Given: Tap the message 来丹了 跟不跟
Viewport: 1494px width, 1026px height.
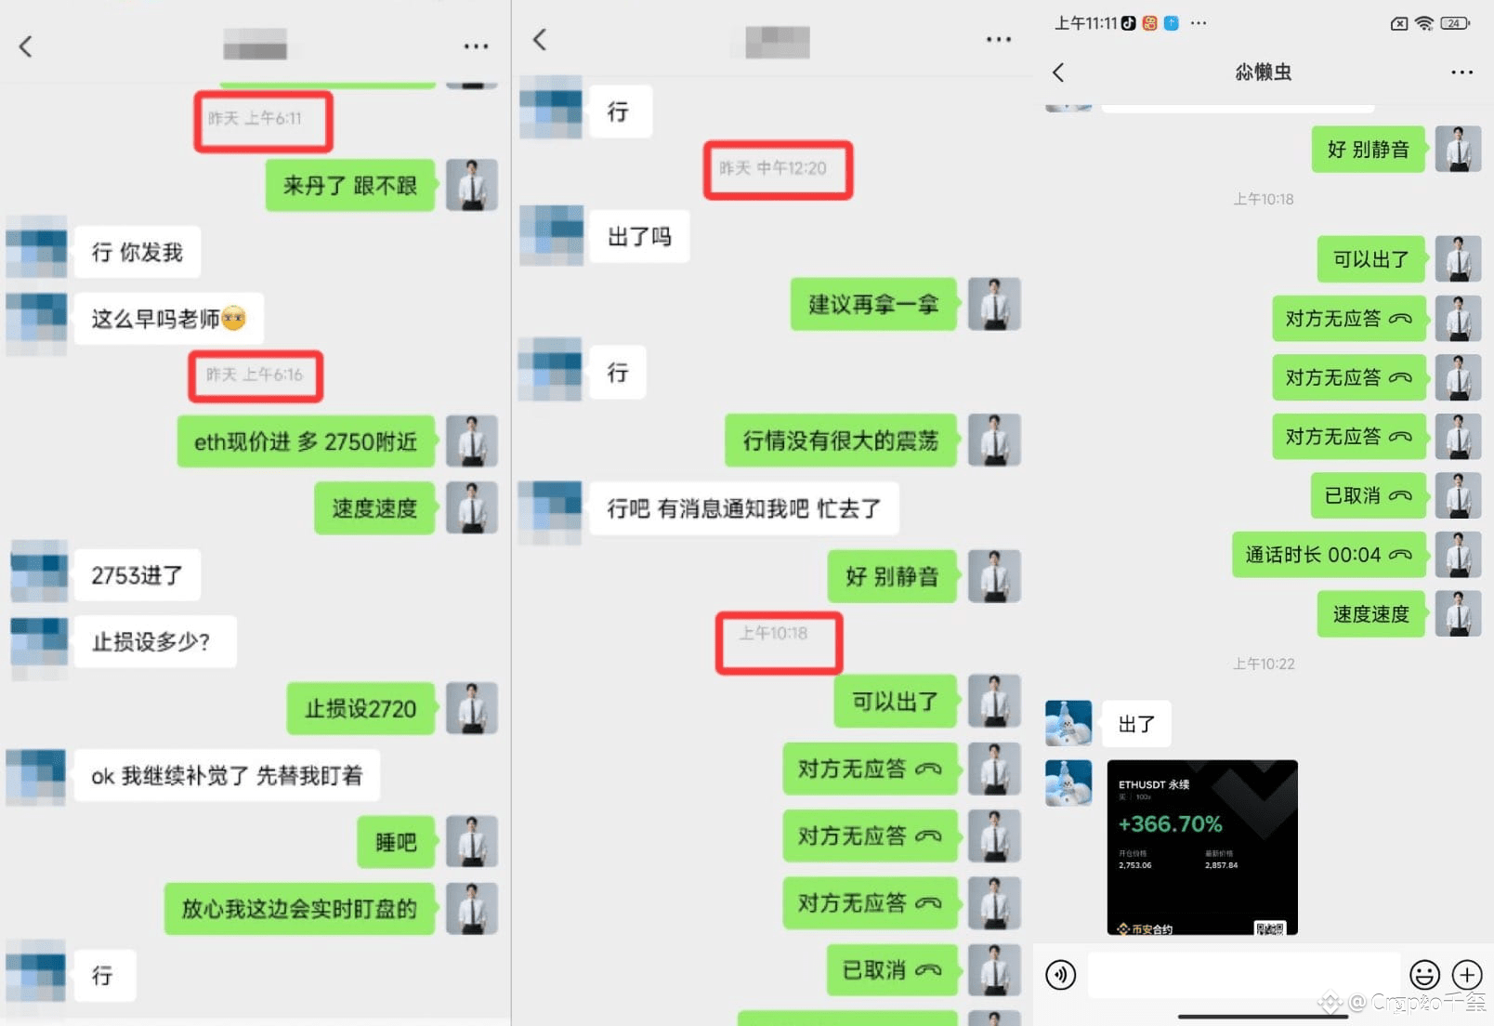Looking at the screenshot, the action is tap(349, 186).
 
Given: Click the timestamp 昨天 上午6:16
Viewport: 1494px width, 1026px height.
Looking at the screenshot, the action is tap(255, 375).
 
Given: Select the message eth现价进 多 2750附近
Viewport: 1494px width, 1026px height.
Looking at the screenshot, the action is tap(305, 441).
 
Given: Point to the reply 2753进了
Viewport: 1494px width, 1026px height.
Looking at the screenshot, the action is tap(137, 575).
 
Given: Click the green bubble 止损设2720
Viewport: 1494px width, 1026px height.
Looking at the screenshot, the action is tap(360, 709).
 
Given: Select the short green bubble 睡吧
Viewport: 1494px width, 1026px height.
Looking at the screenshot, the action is tap(396, 842).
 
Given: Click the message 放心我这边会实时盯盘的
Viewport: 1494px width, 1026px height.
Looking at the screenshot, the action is tap(299, 909).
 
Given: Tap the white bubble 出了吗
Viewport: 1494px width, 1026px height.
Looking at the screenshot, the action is tap(639, 237).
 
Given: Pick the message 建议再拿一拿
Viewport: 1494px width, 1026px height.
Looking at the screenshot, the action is tap(873, 304).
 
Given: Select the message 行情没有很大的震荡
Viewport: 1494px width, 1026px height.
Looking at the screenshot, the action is tap(840, 441).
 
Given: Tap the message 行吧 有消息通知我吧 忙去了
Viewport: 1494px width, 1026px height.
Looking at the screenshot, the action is tap(743, 508).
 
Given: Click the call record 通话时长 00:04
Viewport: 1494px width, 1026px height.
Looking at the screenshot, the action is tap(1328, 555).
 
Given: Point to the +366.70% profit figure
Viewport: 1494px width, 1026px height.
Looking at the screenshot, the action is tap(1170, 823).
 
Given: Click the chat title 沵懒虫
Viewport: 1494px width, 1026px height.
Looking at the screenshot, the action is tap(1263, 72).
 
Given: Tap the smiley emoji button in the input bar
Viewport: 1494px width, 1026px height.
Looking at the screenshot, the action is tap(1424, 974).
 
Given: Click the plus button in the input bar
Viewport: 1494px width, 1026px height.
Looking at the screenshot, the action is tap(1467, 974).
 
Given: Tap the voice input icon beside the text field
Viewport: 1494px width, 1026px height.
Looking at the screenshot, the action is tap(1061, 974).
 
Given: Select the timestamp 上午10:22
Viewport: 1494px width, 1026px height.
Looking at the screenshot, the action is tap(1263, 664).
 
